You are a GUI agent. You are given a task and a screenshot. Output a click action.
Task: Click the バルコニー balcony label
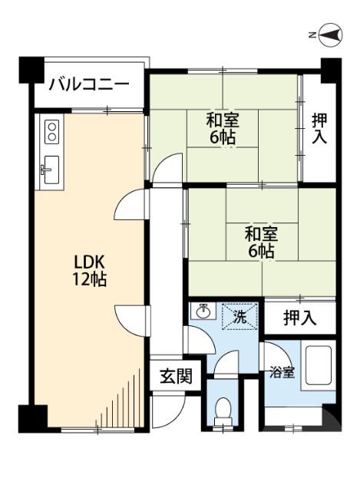(89, 84)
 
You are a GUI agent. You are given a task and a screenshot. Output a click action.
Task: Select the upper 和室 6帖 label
(222, 129)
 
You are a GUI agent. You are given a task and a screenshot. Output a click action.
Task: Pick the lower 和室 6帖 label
(261, 242)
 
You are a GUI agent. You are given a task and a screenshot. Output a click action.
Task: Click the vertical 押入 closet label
(320, 128)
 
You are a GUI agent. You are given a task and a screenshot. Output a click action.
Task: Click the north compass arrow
(332, 35)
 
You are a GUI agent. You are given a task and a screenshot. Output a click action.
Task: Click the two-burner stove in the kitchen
(52, 130)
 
